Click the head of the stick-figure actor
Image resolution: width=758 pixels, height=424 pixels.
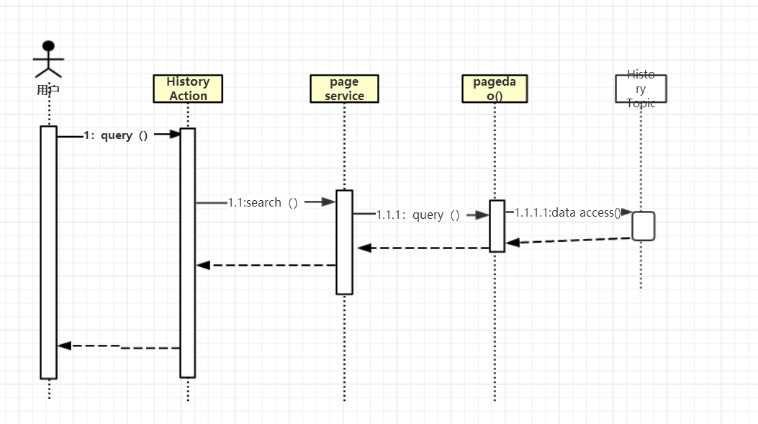[48, 47]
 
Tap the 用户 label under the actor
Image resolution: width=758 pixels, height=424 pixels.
[48, 91]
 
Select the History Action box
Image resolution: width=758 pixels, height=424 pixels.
[188, 89]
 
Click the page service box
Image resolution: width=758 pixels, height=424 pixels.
[344, 89]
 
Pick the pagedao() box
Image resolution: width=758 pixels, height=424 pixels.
[495, 89]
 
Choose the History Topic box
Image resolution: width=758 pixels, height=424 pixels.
[641, 89]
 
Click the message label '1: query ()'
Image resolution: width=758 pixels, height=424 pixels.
[116, 135]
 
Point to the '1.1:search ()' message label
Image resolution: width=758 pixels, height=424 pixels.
[263, 203]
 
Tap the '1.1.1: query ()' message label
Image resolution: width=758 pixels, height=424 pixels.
[418, 215]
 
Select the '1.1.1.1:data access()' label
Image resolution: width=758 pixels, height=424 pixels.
[568, 212]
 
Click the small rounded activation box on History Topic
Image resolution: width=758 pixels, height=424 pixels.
[644, 225]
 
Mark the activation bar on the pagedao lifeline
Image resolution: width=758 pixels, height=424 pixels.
[497, 226]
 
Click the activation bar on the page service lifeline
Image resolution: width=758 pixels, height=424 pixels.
[344, 242]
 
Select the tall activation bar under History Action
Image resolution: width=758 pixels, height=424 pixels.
[187, 252]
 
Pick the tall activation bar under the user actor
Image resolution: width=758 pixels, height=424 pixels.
[48, 252]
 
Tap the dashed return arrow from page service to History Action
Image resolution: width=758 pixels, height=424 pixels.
[266, 265]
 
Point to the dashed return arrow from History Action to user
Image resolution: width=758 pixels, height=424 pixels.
[119, 346]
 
